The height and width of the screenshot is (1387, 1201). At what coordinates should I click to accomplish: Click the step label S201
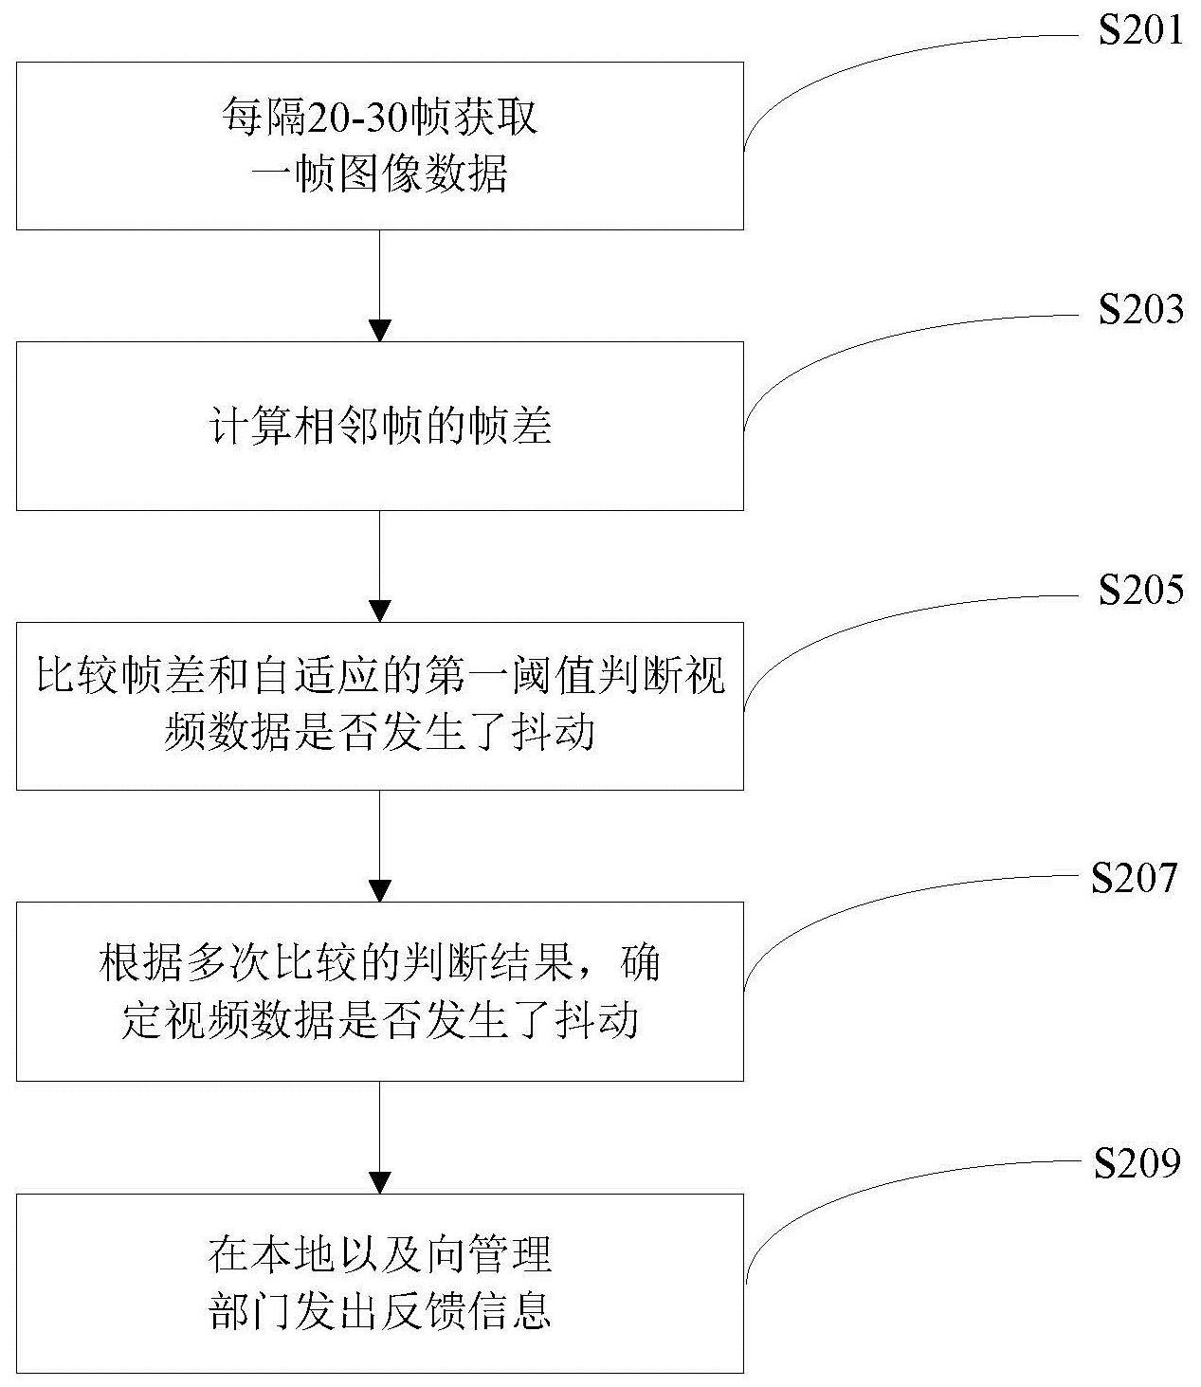click(x=1140, y=30)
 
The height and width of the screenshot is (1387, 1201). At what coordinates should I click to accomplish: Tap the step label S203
click(x=1140, y=310)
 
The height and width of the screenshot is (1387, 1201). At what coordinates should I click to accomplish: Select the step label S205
click(x=1140, y=590)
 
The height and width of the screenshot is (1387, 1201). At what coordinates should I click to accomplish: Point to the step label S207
click(x=1134, y=878)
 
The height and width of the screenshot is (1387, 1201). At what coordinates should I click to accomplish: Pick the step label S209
click(x=1137, y=1163)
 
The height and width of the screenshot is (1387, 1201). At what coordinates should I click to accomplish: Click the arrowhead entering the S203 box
click(x=379, y=330)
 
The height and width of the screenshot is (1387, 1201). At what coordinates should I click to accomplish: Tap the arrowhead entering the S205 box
click(x=379, y=610)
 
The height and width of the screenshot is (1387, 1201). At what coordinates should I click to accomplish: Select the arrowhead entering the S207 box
click(x=379, y=890)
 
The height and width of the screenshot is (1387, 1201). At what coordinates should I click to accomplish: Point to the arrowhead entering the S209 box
click(x=379, y=1181)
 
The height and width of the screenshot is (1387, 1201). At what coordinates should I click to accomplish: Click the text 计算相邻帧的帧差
click(x=379, y=427)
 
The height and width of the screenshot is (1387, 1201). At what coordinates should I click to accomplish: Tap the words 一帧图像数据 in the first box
click(x=379, y=174)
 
